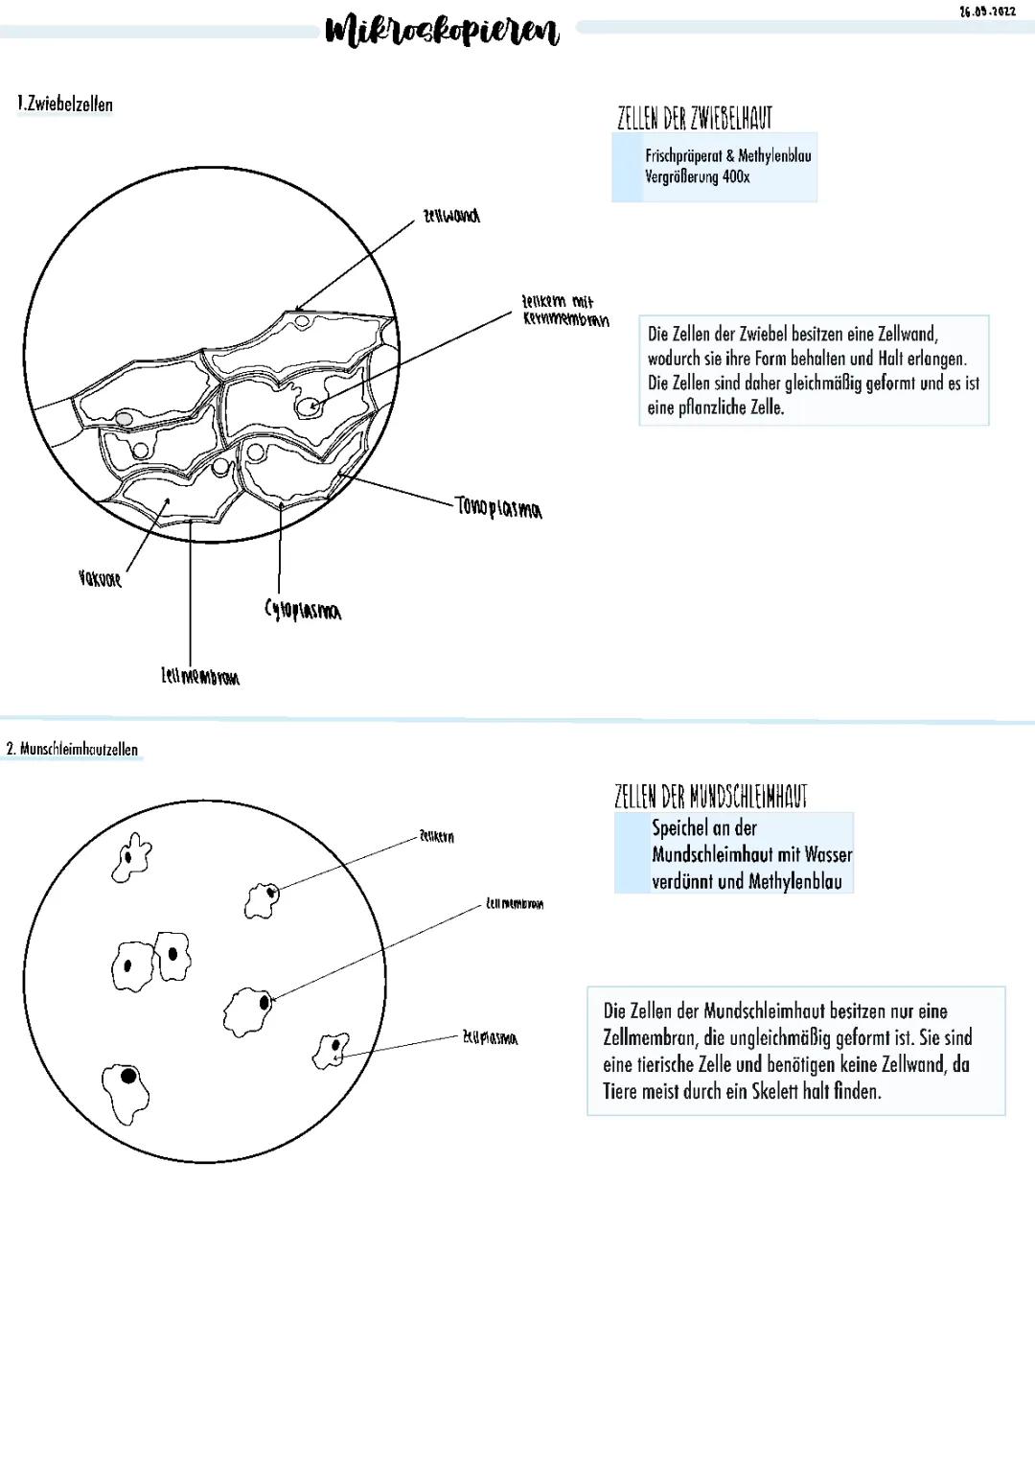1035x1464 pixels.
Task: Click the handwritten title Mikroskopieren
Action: tap(443, 31)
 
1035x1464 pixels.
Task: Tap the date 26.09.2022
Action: tap(986, 12)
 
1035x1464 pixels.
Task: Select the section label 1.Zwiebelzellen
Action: tap(65, 104)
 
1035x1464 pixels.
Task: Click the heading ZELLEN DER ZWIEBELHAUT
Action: tap(694, 118)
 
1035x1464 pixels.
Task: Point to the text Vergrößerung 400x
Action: tap(697, 177)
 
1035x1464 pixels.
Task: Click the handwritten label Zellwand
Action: tap(451, 216)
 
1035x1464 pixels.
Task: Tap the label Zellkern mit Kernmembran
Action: tap(564, 311)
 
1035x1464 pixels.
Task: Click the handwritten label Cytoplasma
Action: tap(302, 610)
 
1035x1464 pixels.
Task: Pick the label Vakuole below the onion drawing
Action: tap(100, 578)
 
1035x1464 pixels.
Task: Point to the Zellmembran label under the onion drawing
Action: tap(200, 677)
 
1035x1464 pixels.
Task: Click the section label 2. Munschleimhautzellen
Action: tap(72, 749)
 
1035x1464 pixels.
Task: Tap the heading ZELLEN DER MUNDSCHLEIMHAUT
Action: tap(710, 796)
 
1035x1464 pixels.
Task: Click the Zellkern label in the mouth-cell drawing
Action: tap(436, 837)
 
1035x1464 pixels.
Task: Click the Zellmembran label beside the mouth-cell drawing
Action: tap(515, 903)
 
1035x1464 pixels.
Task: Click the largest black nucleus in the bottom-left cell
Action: tap(128, 1075)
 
